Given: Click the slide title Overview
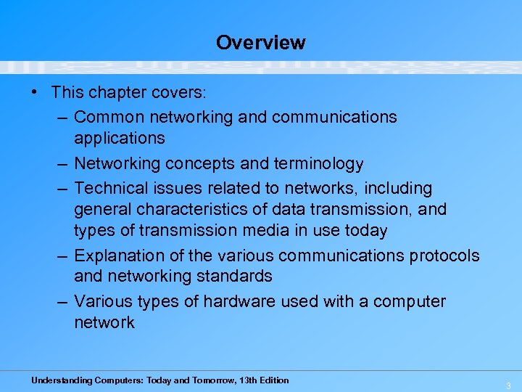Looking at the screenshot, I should tap(260, 42).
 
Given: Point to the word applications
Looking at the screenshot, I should tap(120, 138).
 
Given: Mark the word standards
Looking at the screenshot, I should tap(235, 276).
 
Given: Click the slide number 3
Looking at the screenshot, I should tap(508, 385).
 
